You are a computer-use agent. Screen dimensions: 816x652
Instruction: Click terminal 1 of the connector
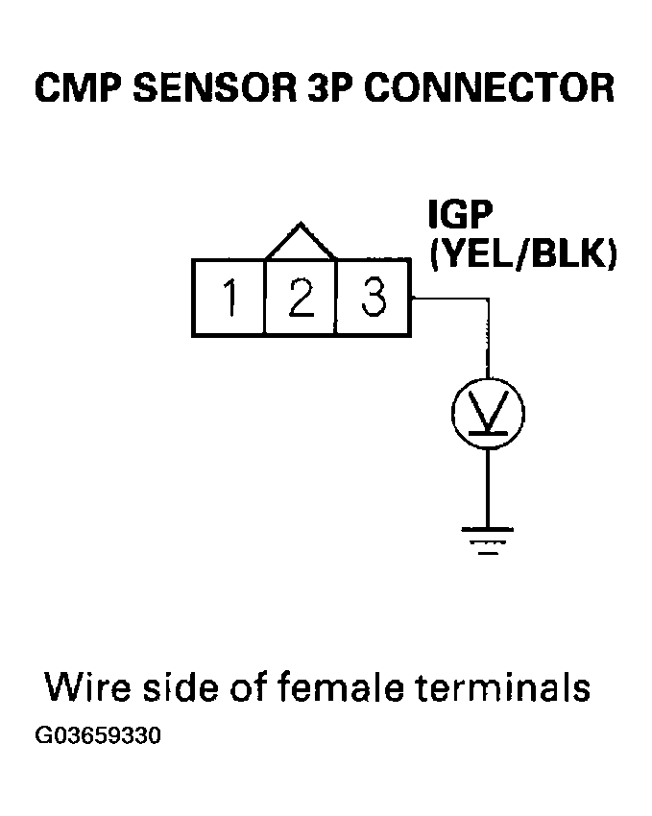[x=229, y=297]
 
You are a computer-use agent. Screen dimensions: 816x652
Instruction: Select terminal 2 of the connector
[x=301, y=297]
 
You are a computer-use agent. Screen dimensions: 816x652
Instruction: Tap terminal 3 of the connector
[x=374, y=297]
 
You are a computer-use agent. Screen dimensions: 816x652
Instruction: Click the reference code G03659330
[x=97, y=737]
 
